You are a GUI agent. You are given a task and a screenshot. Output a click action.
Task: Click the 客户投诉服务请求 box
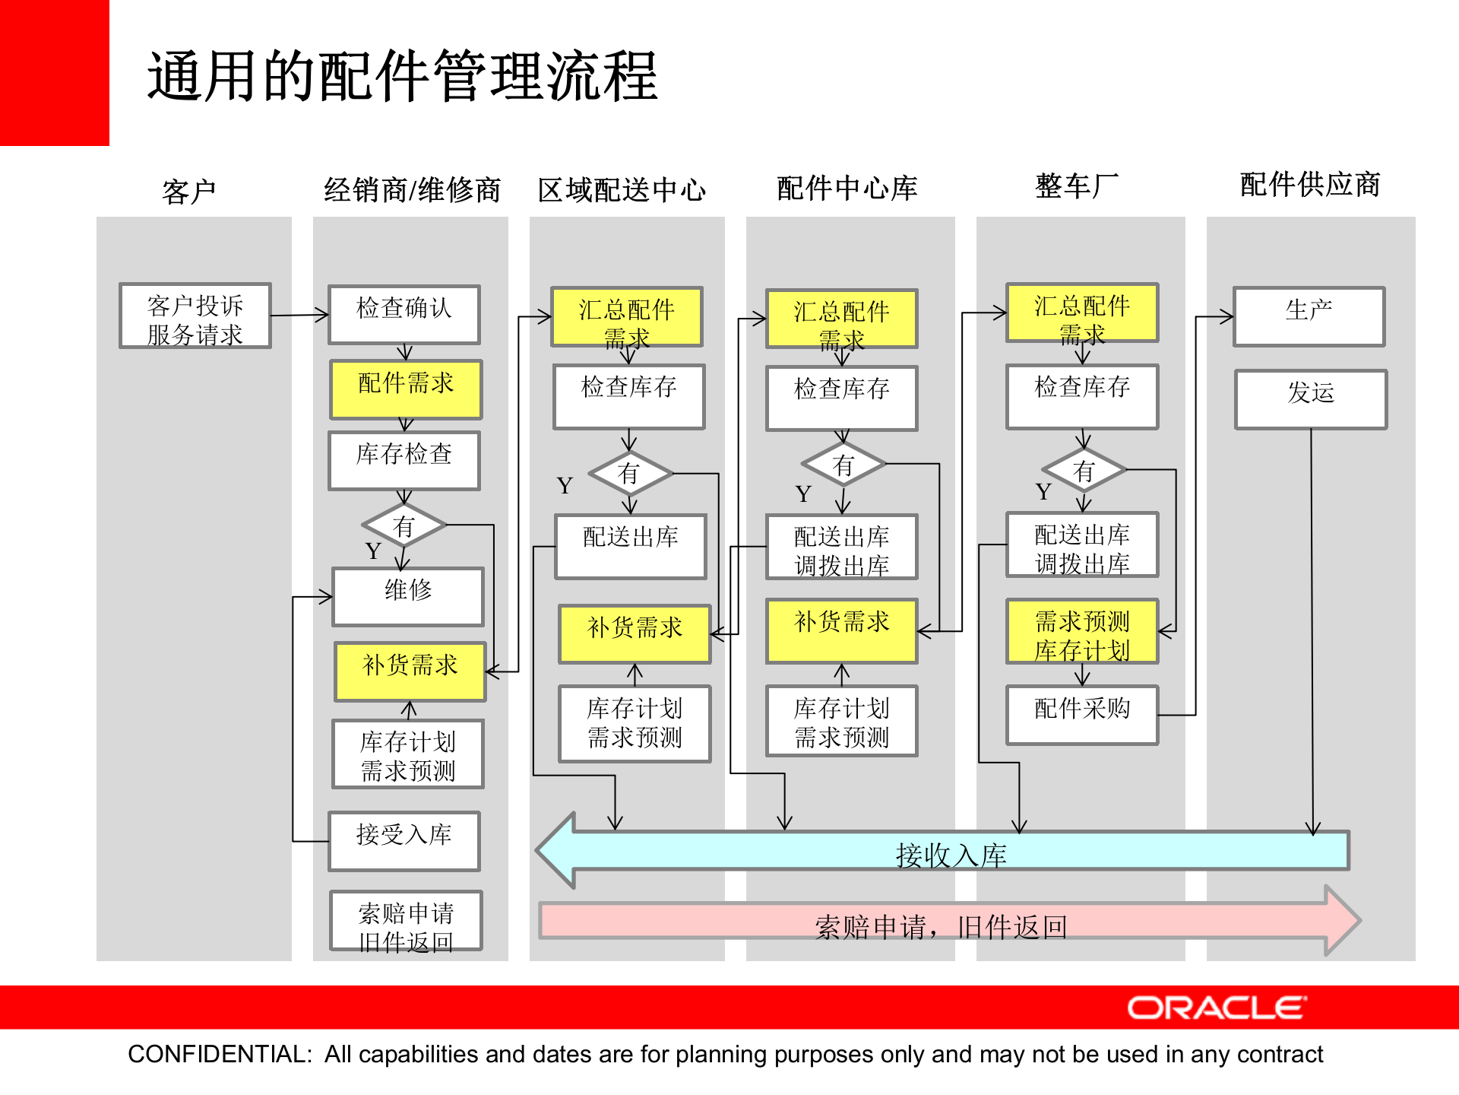coord(195,316)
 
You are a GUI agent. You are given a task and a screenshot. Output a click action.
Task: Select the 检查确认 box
coord(404,314)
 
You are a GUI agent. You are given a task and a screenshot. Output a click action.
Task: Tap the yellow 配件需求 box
coord(406,389)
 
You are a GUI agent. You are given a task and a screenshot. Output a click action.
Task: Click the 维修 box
coord(408,596)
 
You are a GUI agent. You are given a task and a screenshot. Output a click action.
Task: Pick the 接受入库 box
coord(404,840)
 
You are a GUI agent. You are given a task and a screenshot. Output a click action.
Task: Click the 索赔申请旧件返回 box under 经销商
coord(406,920)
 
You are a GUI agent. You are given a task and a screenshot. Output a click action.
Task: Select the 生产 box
coord(1309,316)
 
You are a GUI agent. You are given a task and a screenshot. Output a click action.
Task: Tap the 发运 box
coord(1311,398)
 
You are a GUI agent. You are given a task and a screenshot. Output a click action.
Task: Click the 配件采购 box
coord(1082,714)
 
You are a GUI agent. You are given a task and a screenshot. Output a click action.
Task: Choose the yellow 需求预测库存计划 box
coord(1082,631)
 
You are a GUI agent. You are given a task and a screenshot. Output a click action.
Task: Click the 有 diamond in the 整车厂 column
coord(1084,471)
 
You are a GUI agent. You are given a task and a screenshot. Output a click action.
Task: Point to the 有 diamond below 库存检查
coord(404,525)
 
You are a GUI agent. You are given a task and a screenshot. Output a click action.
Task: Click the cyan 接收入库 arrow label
coord(951,855)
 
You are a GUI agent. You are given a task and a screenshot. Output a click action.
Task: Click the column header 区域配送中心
coord(622,189)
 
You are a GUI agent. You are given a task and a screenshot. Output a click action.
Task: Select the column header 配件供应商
coord(1310,185)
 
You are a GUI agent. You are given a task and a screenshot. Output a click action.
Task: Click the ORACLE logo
coord(1217,1008)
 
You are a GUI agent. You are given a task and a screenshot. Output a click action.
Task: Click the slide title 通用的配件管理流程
coord(402,76)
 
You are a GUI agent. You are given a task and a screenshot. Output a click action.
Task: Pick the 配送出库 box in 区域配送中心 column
coord(630,545)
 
